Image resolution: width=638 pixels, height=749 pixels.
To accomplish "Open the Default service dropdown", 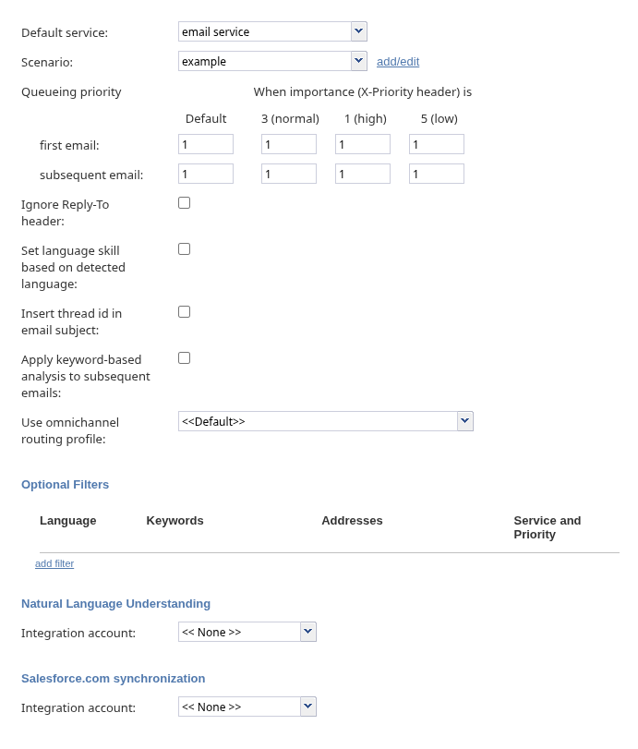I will pyautogui.click(x=272, y=32).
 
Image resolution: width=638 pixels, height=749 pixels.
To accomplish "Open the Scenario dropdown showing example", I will pyautogui.click(x=272, y=62).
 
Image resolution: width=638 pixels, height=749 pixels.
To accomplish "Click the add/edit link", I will pyautogui.click(x=398, y=62).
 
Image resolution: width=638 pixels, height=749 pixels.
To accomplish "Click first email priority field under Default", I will pyautogui.click(x=206, y=145).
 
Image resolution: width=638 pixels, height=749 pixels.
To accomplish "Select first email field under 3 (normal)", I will pyautogui.click(x=289, y=145).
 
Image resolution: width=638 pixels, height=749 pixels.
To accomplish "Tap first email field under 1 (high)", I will pyautogui.click(x=363, y=145).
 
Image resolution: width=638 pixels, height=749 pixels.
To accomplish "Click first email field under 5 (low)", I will pyautogui.click(x=437, y=145).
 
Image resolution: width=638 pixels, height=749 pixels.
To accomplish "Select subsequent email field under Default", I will pyautogui.click(x=206, y=175).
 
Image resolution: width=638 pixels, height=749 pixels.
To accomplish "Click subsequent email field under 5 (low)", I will pyautogui.click(x=437, y=175).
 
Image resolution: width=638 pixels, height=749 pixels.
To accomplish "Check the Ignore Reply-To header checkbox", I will pyautogui.click(x=185, y=203).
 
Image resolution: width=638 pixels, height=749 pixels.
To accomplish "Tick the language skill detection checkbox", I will pyautogui.click(x=185, y=249).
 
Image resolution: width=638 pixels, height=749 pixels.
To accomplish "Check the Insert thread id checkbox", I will pyautogui.click(x=185, y=312).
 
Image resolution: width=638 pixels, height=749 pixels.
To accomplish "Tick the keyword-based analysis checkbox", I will pyautogui.click(x=185, y=358).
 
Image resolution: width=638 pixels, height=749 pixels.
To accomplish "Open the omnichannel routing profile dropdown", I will pyautogui.click(x=325, y=422).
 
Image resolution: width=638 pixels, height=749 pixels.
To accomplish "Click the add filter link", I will pyautogui.click(x=54, y=563).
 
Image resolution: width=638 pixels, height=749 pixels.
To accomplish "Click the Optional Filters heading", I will pyautogui.click(x=65, y=485).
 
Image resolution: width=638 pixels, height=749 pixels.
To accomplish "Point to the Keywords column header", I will pyautogui.click(x=175, y=521).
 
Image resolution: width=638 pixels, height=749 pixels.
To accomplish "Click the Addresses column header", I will pyautogui.click(x=352, y=521).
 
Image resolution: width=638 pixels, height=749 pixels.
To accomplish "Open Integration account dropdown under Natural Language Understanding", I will pyautogui.click(x=247, y=633).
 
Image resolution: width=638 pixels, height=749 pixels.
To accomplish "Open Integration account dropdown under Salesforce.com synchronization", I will pyautogui.click(x=247, y=707).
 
